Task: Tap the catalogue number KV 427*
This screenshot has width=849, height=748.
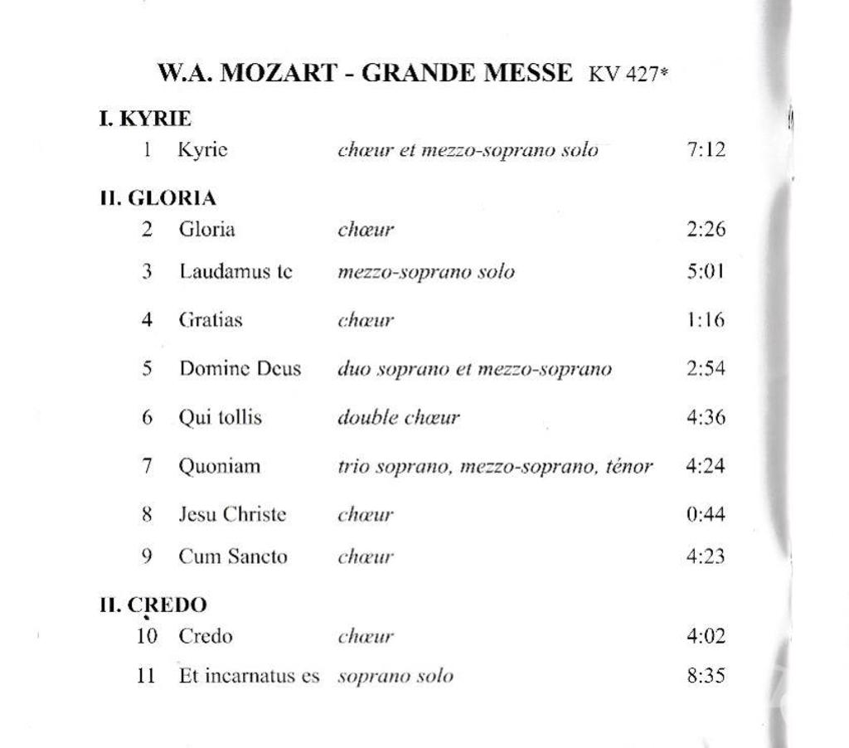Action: pos(628,74)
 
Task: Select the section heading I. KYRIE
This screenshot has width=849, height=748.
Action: pos(145,119)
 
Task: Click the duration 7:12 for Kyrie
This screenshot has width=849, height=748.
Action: pos(706,150)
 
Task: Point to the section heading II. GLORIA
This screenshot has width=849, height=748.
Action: pos(158,198)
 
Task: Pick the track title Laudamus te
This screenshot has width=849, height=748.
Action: pos(235,271)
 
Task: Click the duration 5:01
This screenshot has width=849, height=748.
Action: pos(706,271)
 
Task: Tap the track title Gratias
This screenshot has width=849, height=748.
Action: pos(211,319)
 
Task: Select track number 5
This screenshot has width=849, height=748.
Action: pos(147,368)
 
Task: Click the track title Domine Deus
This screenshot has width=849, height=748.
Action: pos(240,368)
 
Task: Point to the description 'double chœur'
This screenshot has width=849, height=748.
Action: pos(398,417)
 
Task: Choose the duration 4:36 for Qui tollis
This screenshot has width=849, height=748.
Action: pos(706,417)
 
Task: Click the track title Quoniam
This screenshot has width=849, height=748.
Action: pos(220,466)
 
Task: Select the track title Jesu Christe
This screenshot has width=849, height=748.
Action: pos(232,514)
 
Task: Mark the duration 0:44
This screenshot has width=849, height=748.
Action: pos(706,514)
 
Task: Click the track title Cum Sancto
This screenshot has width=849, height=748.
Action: pos(233,556)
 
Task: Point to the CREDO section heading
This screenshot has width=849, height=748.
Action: pos(153,605)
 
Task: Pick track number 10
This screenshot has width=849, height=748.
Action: pos(146,636)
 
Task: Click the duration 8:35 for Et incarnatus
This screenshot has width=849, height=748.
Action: pos(706,676)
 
